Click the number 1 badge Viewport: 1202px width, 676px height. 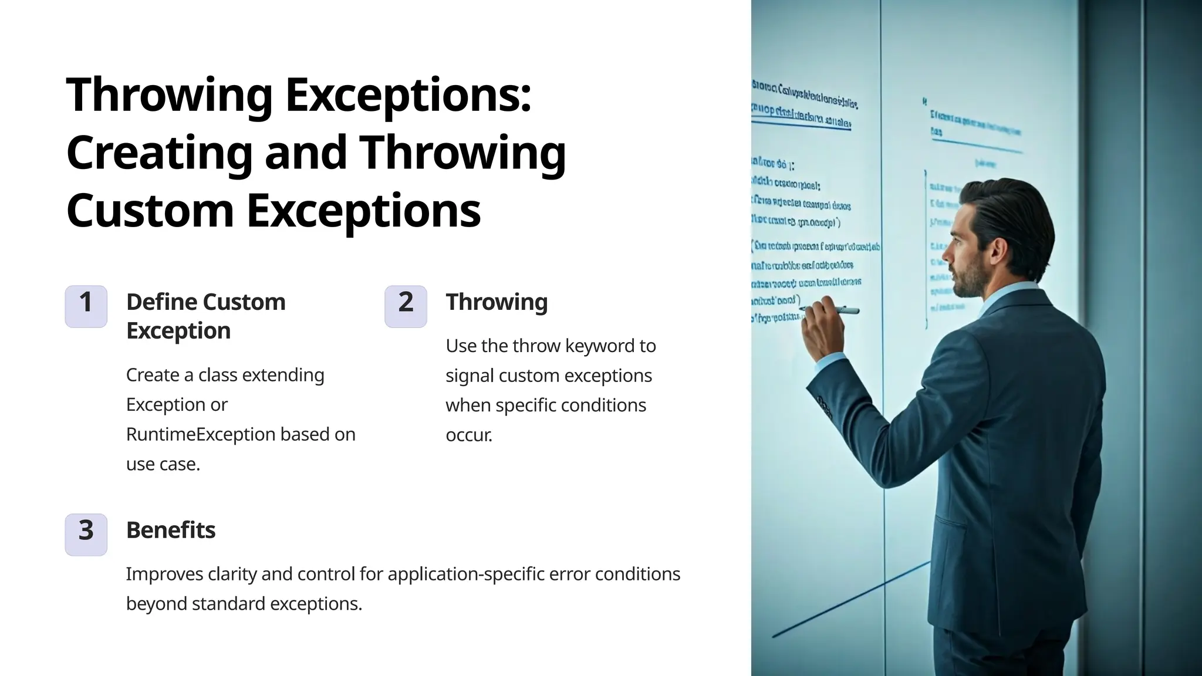pyautogui.click(x=86, y=306)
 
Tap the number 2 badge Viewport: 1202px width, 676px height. pyautogui.click(x=406, y=306)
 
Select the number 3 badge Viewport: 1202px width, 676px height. pyautogui.click(x=86, y=535)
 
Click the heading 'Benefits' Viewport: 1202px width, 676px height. pyautogui.click(x=171, y=530)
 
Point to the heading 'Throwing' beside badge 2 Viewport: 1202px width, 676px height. pyautogui.click(x=497, y=302)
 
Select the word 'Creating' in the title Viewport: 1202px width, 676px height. pyautogui.click(x=159, y=153)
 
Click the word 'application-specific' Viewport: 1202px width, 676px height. pyautogui.click(x=466, y=574)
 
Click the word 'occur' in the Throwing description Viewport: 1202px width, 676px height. pyautogui.click(x=468, y=435)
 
